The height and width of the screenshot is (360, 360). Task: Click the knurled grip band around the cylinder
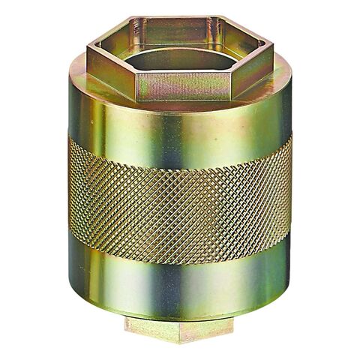point(180,199)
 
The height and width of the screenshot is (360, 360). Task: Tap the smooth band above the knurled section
point(180,124)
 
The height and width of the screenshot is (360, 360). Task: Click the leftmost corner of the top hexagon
point(87,51)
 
